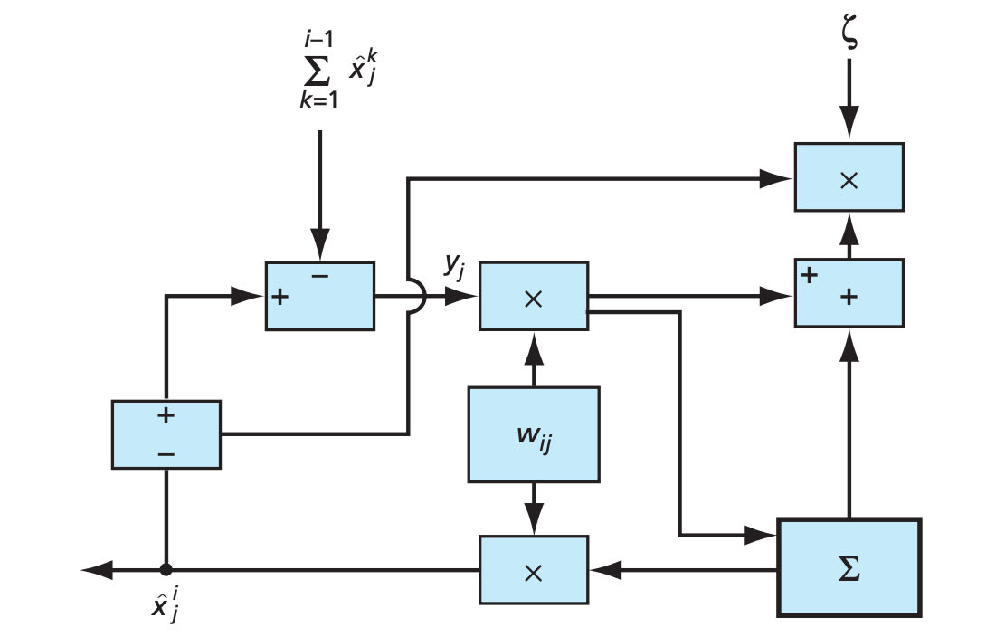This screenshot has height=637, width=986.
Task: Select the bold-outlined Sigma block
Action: [x=849, y=567]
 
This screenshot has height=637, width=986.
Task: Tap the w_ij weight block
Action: [x=533, y=434]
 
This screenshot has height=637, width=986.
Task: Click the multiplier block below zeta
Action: [x=849, y=177]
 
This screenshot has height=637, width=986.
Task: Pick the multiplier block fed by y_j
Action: [x=533, y=296]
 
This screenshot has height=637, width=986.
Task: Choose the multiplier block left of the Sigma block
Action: [x=533, y=569]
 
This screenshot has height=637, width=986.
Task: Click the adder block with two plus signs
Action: [x=849, y=292]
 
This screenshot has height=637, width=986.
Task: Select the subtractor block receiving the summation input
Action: [x=319, y=296]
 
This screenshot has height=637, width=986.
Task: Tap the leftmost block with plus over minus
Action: [x=166, y=434]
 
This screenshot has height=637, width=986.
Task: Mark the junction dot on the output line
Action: [x=166, y=569]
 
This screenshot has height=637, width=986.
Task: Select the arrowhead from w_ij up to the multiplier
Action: [x=533, y=343]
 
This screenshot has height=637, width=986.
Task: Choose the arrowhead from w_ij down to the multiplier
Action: [x=533, y=520]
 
